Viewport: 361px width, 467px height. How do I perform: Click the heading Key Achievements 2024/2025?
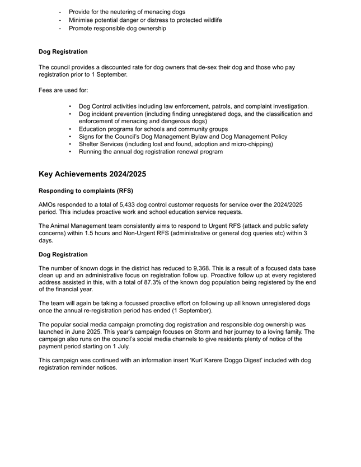point(92,174)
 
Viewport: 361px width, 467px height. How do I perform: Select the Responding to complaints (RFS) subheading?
point(86,190)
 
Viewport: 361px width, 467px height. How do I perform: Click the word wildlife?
point(209,20)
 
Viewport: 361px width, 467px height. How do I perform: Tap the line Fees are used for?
point(63,90)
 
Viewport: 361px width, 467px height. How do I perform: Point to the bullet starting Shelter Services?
point(176,144)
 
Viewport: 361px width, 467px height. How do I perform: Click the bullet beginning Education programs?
point(153,129)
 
